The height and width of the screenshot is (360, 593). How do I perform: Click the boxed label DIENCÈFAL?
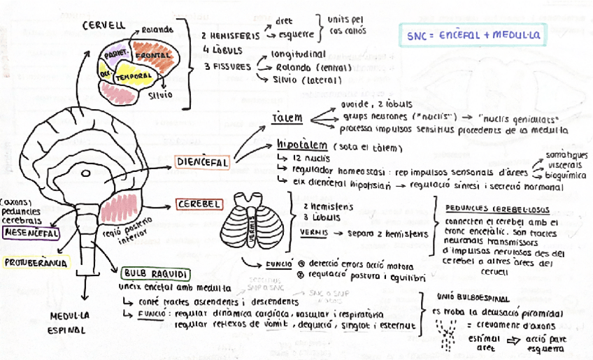[203, 162]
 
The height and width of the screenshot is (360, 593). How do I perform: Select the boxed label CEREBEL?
[199, 204]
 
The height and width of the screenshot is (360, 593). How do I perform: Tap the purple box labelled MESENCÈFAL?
[30, 233]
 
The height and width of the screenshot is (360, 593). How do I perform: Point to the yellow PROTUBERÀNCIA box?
[36, 263]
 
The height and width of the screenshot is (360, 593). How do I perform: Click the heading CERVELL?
[103, 25]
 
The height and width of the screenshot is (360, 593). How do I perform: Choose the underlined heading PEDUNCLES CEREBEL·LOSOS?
[498, 209]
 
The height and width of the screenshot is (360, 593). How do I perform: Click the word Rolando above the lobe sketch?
[158, 30]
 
